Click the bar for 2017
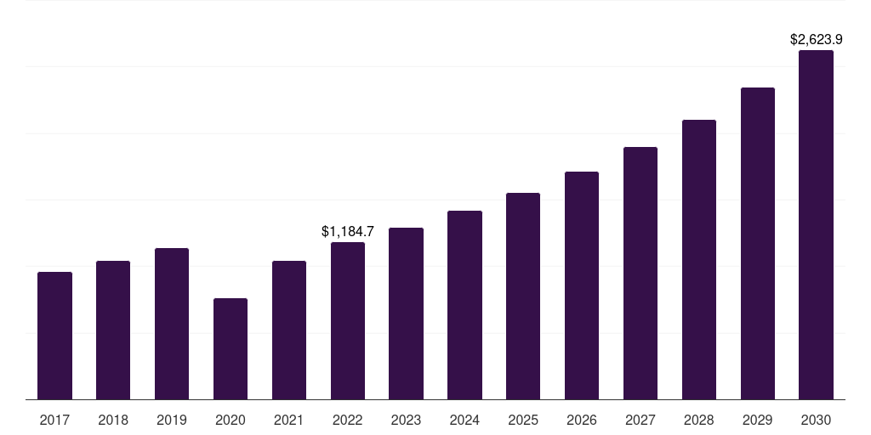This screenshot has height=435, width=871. pyautogui.click(x=54, y=336)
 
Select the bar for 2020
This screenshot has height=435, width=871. pyautogui.click(x=231, y=348)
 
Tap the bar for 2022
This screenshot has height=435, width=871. pyautogui.click(x=348, y=320)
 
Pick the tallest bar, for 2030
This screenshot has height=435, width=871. pyautogui.click(x=816, y=225)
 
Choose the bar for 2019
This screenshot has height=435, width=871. pyautogui.click(x=172, y=324)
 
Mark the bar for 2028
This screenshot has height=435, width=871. pyautogui.click(x=699, y=259)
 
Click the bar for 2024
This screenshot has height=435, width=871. pyautogui.click(x=464, y=305)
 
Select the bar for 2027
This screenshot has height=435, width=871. pyautogui.click(x=640, y=273)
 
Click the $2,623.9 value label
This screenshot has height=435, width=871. pyautogui.click(x=816, y=39)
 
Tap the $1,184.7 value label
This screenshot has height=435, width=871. pyautogui.click(x=348, y=231)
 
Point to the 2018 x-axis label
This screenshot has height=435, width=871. pyautogui.click(x=113, y=420)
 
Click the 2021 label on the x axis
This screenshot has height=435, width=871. pyautogui.click(x=289, y=420)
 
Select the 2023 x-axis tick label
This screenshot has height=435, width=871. pyautogui.click(x=406, y=420)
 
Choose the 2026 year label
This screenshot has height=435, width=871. pyautogui.click(x=582, y=420)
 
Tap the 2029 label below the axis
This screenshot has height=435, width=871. pyautogui.click(x=757, y=420)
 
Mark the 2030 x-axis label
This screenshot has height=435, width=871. pyautogui.click(x=816, y=420)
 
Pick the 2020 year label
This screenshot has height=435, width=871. pyautogui.click(x=231, y=420)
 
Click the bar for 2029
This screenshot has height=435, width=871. pyautogui.click(x=757, y=243)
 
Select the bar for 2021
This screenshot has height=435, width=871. pyautogui.click(x=289, y=330)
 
